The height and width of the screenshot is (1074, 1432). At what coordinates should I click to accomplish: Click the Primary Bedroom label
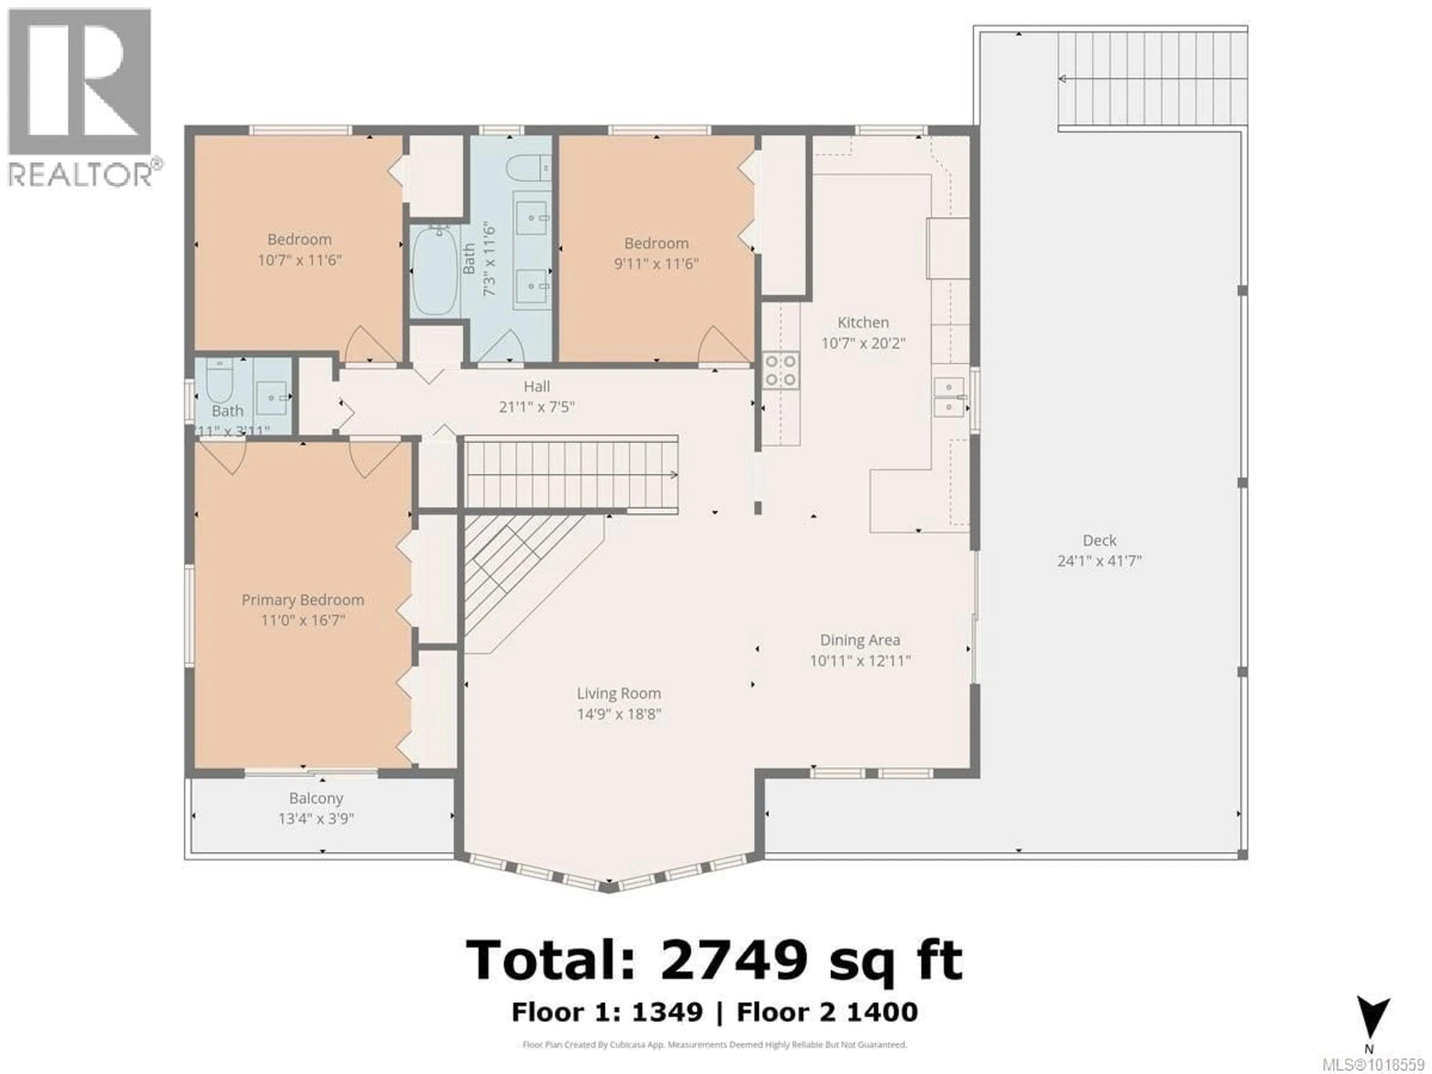(x=302, y=600)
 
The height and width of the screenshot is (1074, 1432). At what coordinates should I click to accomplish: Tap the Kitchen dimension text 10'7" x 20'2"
(x=863, y=343)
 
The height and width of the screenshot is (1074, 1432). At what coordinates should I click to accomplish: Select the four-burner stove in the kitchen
(x=780, y=370)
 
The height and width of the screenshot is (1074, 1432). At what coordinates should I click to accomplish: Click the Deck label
(x=1099, y=541)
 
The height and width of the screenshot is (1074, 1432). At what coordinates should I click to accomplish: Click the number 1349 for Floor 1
(x=667, y=1012)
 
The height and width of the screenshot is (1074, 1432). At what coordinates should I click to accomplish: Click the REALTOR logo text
(x=81, y=175)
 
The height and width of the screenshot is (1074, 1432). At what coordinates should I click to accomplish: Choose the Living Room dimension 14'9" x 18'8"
(x=619, y=714)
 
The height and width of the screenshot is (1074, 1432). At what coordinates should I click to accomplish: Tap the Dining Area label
(x=860, y=640)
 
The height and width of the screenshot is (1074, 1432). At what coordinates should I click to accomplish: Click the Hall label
(x=537, y=386)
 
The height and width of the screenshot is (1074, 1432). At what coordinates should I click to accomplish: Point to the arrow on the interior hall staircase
(x=673, y=474)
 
